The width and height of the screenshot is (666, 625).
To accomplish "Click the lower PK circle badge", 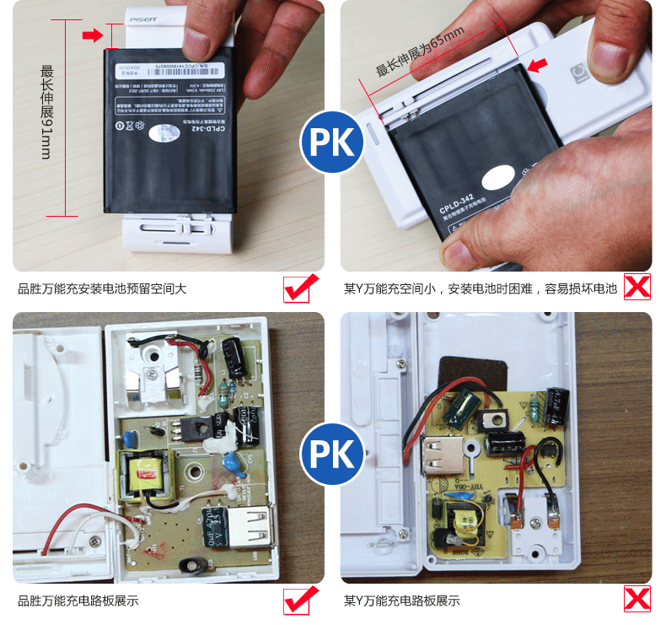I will point(332,454).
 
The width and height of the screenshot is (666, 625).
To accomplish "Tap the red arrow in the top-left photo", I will point(90,35).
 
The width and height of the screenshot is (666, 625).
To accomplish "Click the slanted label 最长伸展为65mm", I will point(418,52).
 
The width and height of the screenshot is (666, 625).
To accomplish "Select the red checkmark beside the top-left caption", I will point(301,288).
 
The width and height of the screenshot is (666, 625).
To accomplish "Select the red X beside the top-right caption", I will point(636,288).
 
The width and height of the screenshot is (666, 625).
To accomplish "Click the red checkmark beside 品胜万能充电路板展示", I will point(301,600).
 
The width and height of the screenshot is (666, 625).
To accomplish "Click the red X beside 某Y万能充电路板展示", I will point(636,599).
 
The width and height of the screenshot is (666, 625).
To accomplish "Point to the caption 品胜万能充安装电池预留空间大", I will point(102,289).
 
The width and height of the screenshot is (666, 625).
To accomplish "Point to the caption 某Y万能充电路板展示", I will point(402,601).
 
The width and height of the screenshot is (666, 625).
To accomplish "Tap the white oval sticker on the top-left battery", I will point(160,132).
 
